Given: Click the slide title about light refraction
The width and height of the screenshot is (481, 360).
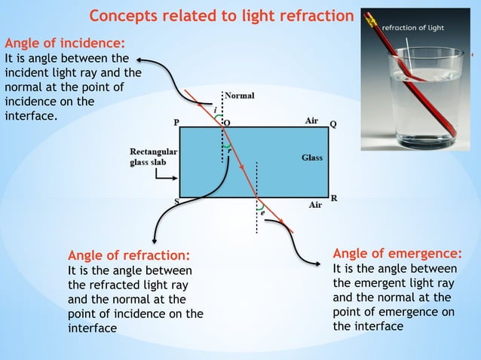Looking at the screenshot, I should click(221, 16).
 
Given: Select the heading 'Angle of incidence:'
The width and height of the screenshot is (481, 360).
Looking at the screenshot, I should click(66, 43).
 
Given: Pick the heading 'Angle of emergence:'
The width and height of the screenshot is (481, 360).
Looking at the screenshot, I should click(397, 252).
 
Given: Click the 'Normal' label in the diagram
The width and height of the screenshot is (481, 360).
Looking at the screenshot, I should click(240, 96).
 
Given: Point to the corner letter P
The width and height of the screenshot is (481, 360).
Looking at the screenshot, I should click(176, 121).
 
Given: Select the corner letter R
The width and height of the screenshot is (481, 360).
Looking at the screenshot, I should click(333, 198).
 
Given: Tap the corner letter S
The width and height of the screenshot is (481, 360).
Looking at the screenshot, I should click(177, 201).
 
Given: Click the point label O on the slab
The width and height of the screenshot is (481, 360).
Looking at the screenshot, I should click(228, 121).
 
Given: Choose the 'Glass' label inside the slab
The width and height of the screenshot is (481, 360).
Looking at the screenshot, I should click(311, 157).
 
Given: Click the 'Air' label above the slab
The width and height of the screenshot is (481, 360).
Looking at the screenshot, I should click(311, 121).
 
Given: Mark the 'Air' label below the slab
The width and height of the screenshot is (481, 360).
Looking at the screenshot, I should click(316, 204).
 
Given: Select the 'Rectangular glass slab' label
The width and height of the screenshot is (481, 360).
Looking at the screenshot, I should click(153, 157).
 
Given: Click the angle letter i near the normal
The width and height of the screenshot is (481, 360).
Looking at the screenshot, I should click(216, 110).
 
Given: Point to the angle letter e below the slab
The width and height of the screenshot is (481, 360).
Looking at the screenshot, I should click(262, 213).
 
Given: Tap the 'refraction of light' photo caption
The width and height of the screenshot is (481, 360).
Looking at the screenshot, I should click(413, 28).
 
